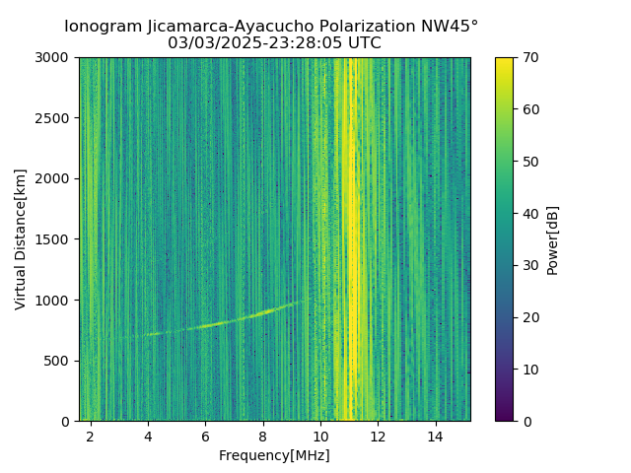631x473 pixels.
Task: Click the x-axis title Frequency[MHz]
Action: [x=274, y=455]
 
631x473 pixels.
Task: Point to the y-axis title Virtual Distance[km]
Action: [x=21, y=239]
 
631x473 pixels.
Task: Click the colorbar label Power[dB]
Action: [x=553, y=239]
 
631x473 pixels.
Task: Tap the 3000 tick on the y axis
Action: [x=55, y=57]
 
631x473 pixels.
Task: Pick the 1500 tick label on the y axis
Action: [x=55, y=239]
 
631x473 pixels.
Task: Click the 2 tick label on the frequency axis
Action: [x=91, y=436]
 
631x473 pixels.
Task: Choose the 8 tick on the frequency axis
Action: [x=263, y=436]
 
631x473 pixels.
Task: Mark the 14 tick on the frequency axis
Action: [x=436, y=436]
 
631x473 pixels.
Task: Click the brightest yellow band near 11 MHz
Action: [x=352, y=236]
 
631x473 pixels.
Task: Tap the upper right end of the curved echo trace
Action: [x=299, y=303]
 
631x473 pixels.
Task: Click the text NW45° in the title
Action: [x=453, y=27]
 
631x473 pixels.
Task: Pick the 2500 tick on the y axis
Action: [x=55, y=118]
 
